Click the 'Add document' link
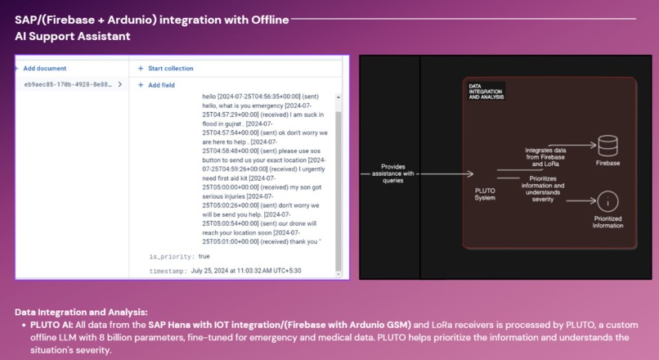(44, 69)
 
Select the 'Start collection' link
(169, 69)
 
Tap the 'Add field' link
(159, 85)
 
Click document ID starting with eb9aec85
(68, 84)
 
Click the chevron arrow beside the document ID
(119, 84)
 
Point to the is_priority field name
(172, 256)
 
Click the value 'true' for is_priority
(204, 256)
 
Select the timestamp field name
(168, 270)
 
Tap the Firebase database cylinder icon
(607, 146)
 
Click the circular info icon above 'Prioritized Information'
(607, 201)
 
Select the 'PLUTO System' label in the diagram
(485, 194)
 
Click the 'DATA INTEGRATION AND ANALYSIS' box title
(486, 91)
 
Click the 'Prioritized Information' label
(607, 222)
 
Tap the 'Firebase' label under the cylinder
(607, 164)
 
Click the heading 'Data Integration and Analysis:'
(81, 312)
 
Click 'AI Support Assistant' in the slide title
(73, 36)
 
